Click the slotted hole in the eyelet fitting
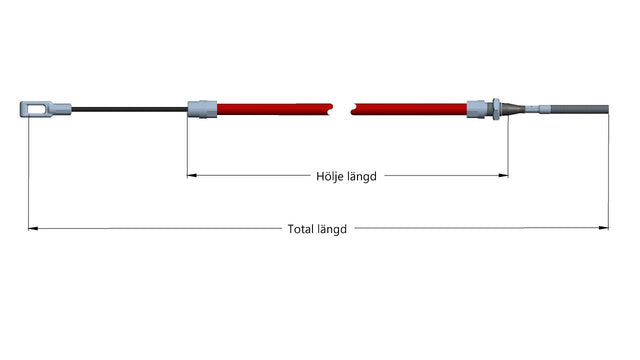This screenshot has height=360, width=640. pos(37,109)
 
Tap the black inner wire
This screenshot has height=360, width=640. pos(129,109)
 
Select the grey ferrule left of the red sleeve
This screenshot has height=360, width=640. pos(202,109)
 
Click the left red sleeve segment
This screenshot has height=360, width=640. pos(275,109)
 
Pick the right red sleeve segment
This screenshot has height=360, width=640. pos(409,109)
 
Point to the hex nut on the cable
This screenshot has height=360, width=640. pos(496,109)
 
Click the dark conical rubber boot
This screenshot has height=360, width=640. pos(513,109)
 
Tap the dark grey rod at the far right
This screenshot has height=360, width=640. pos(580,109)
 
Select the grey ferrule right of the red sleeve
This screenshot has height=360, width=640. pos(476,109)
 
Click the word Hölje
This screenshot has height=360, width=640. pos(330,176)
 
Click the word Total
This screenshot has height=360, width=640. pos(300,229)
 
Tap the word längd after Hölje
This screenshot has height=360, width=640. pos(362,177)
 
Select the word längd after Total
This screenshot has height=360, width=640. pos(332,229)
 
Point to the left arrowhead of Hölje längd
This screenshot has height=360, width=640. pos(191,176)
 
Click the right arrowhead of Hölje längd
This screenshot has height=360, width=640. pos(504,176)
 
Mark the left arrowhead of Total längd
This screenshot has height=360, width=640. pos(33,229)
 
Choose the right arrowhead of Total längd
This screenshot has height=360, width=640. pos(604,228)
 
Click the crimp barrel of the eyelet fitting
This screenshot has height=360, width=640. pos(61,109)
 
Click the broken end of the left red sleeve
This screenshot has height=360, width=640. pos(331,109)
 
